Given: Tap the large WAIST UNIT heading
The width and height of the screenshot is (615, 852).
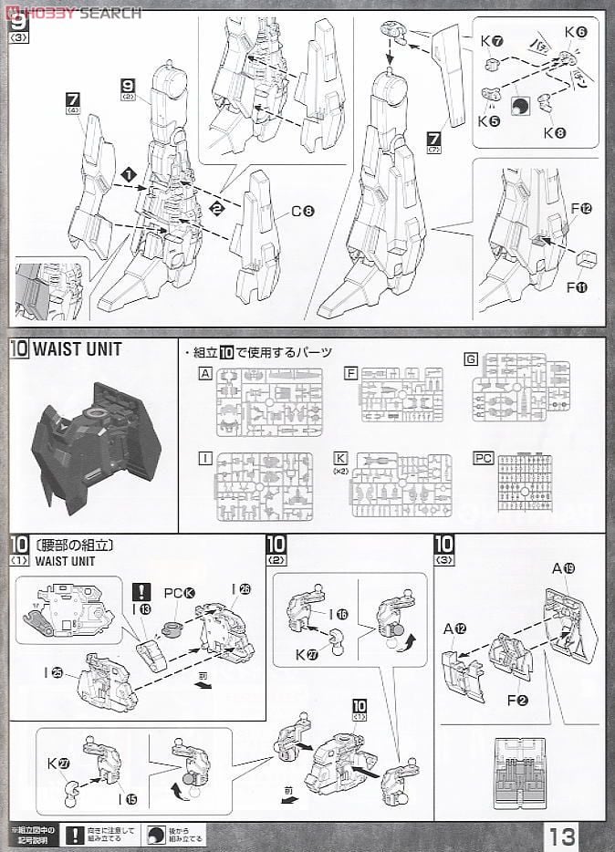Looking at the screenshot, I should (78, 348).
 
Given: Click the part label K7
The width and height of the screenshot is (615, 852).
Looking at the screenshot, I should (492, 42).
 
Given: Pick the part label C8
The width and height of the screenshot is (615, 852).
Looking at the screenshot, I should (303, 212).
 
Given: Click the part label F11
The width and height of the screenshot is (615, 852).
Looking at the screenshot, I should (576, 287).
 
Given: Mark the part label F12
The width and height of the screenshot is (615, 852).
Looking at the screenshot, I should (581, 209).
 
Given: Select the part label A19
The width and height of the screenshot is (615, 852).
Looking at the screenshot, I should (563, 568).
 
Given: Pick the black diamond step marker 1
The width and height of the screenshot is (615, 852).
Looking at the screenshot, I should (130, 172).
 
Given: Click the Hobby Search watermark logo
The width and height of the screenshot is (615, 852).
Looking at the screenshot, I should (73, 12).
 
